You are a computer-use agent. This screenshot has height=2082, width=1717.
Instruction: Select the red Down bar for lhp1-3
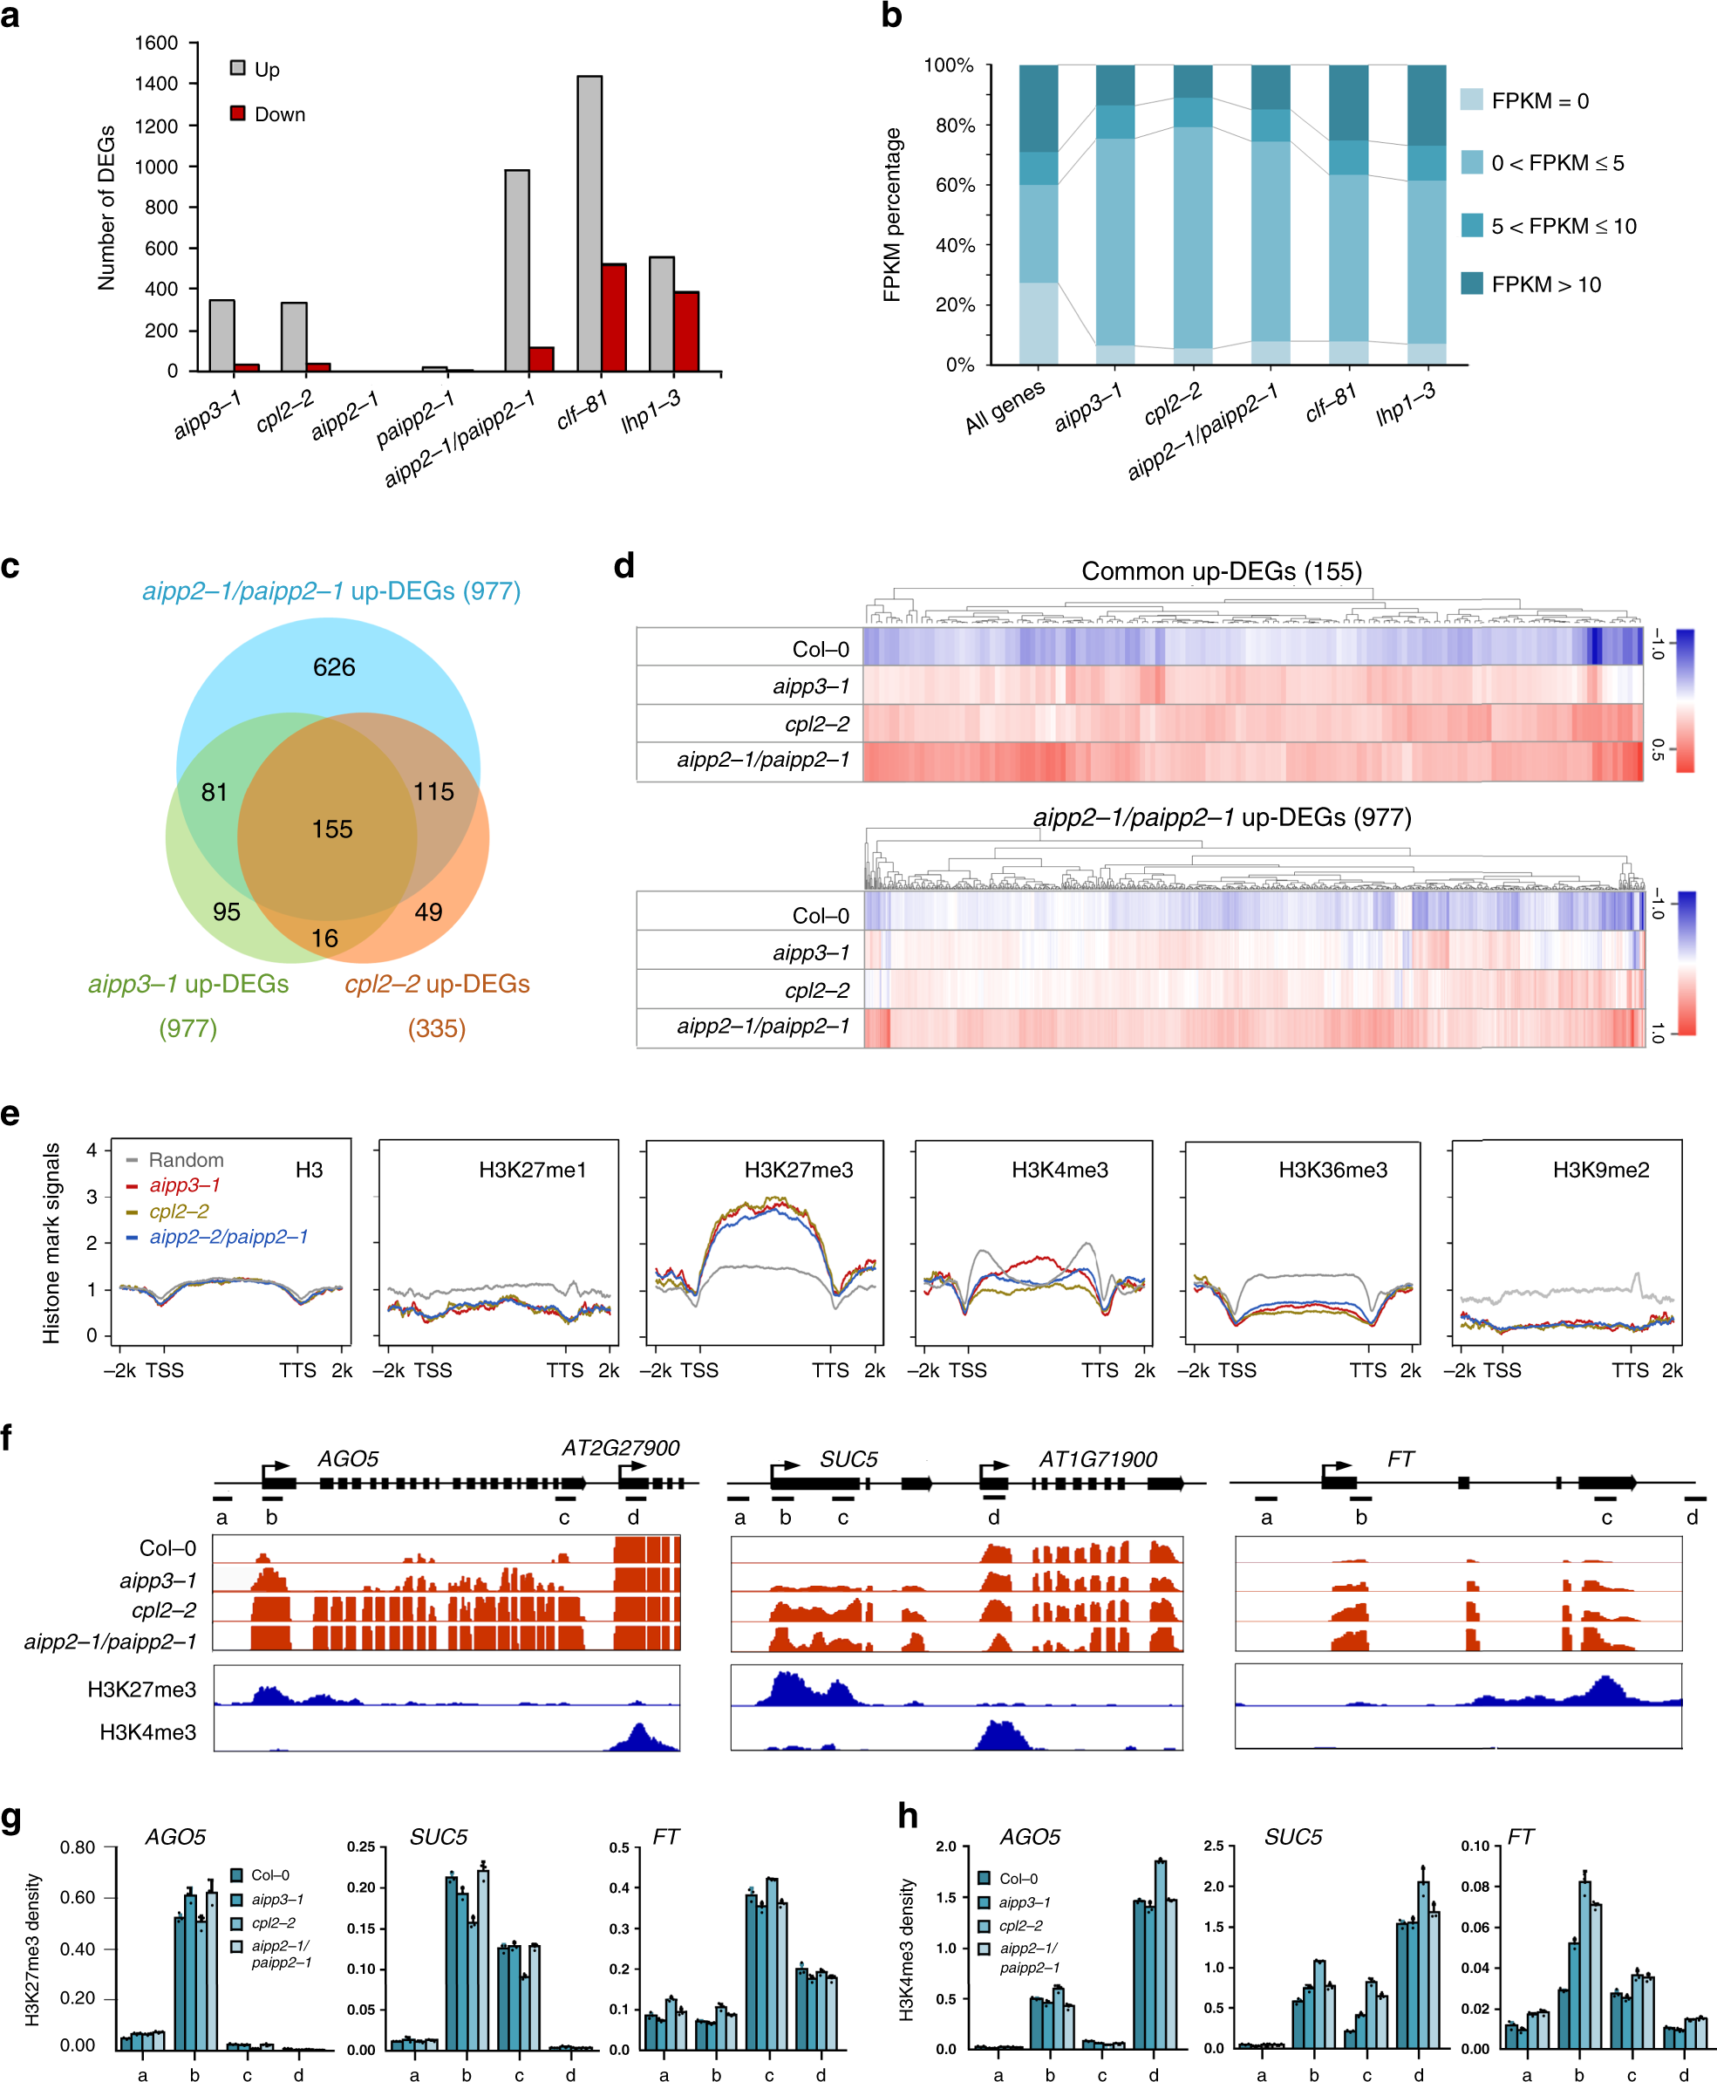(686, 331)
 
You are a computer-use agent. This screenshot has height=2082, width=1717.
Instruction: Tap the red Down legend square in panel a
(237, 113)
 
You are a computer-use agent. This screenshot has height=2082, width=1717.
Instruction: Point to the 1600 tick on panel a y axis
(156, 43)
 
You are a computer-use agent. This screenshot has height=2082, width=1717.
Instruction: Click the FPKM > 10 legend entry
(1545, 285)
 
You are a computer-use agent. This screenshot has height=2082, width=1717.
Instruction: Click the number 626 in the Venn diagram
(333, 667)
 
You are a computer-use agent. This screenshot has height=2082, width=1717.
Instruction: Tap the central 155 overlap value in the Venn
(332, 829)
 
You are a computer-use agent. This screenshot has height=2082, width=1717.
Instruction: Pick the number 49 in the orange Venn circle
(428, 912)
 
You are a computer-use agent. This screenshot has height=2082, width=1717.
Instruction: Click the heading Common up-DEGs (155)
(1221, 570)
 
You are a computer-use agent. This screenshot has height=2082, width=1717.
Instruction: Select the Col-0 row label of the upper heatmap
(820, 649)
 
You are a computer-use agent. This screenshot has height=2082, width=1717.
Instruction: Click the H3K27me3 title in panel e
(798, 1170)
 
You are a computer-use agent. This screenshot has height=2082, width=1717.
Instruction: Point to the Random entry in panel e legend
(185, 1159)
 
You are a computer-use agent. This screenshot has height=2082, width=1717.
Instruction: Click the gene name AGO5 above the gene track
(348, 1459)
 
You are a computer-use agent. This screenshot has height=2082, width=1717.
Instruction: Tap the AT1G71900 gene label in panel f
(1097, 1459)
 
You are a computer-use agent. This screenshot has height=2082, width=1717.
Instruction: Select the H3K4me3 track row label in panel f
(147, 1732)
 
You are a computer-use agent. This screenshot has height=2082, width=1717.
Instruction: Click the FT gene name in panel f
(1400, 1459)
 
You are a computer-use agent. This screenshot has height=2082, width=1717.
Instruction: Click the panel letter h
(907, 1815)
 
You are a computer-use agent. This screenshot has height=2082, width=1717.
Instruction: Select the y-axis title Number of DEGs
(106, 208)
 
